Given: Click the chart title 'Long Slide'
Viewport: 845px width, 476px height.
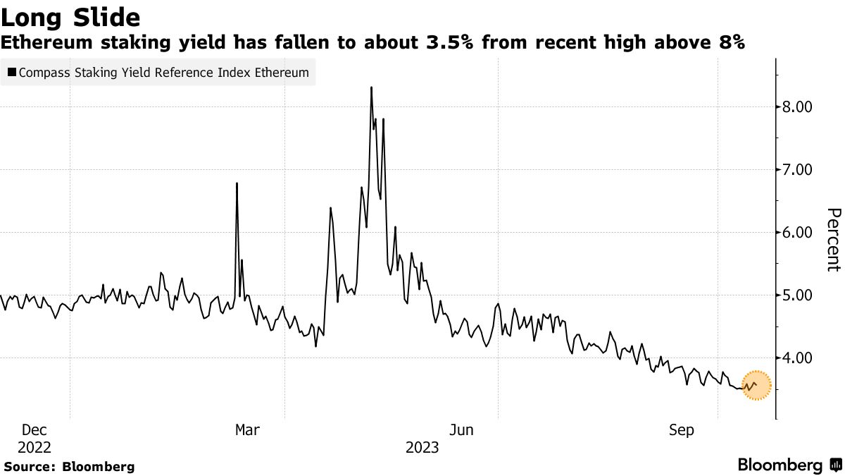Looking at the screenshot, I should pos(70,17).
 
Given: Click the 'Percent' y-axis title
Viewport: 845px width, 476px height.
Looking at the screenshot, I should pos(832,240).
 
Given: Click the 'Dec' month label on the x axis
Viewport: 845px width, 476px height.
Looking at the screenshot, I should pos(35,430).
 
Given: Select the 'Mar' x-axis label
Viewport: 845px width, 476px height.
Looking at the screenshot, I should pos(247,430).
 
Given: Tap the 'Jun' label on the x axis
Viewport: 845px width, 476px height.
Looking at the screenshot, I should pos(461,430).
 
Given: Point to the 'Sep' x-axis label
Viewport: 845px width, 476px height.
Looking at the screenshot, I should pos(682,430).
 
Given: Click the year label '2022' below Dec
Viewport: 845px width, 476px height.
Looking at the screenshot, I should pos(35,448).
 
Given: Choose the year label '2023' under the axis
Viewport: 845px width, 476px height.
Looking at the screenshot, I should pos(422,448).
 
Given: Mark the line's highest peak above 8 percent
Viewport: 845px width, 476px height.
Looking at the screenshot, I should pos(371,87).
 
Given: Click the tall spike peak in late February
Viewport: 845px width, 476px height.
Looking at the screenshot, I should pos(237,183).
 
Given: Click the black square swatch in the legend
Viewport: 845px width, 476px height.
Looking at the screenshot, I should pos(12,73).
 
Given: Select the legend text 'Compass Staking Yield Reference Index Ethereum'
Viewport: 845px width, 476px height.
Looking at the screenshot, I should pos(164,73).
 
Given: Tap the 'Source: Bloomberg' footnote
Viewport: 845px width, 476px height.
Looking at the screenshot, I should pos(69,466).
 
